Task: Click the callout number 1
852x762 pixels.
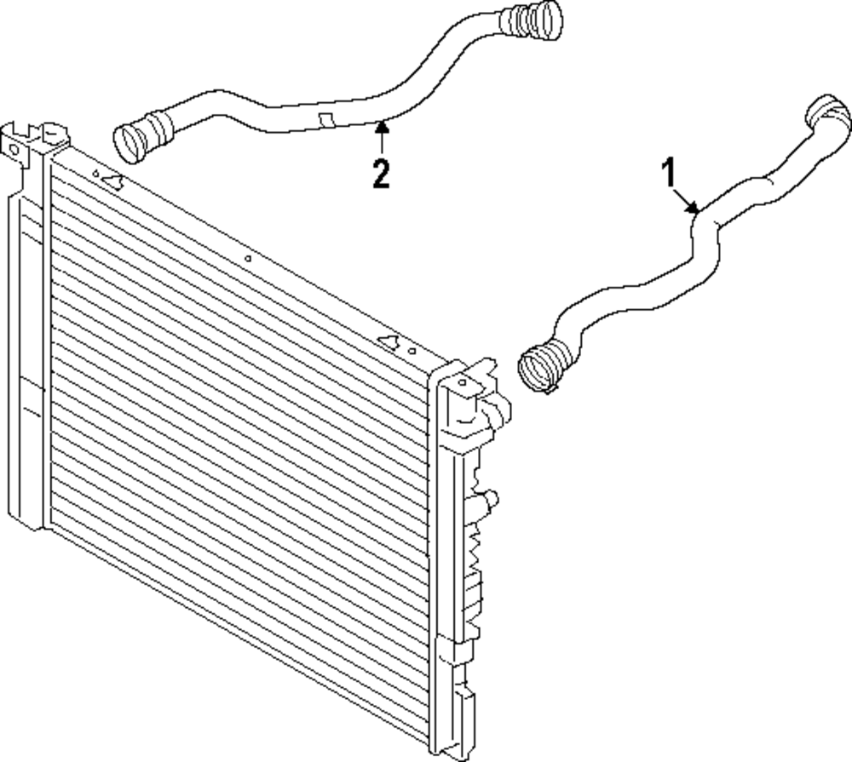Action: coord(670,172)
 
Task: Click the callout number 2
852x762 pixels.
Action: coord(381,173)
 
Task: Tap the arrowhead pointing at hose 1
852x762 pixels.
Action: coord(692,208)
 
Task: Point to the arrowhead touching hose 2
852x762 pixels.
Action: coord(382,128)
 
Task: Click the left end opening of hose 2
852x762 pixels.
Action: coord(127,143)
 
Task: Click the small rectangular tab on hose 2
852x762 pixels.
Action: coord(326,121)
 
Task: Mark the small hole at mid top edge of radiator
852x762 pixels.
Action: coord(248,259)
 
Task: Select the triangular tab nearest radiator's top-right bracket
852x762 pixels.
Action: coord(390,342)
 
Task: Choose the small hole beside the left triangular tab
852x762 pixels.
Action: coord(95,174)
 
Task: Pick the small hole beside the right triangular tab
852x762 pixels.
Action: coord(412,352)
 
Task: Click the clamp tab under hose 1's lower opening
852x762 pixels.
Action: coord(549,388)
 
